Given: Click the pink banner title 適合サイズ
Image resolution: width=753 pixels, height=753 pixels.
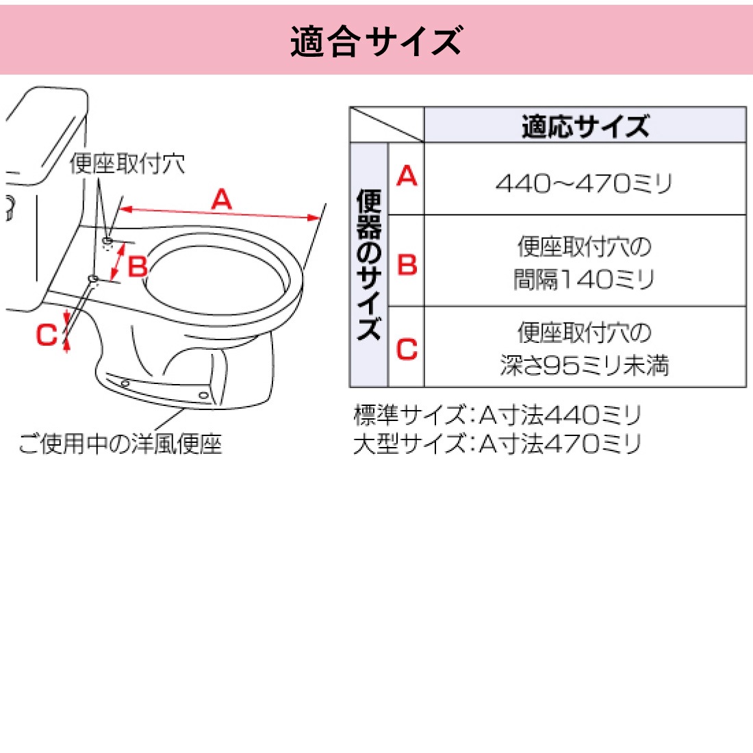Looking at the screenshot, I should [376, 41].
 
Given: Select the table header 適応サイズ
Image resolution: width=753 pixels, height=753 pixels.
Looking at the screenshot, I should [585, 126].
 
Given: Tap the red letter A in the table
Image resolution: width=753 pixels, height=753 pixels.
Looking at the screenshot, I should [407, 177].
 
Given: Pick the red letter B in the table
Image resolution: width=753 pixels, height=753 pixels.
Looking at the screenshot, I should [407, 264].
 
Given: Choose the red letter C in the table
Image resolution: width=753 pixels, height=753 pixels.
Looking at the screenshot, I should [407, 349].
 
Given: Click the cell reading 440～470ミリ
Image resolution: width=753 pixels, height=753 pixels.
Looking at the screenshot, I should [585, 183].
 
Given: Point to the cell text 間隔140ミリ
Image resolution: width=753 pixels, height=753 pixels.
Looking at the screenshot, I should [585, 279].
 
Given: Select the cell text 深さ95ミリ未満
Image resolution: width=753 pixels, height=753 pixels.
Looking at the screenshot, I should [585, 366].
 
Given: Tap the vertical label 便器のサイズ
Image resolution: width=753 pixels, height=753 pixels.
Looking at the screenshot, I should [369, 264].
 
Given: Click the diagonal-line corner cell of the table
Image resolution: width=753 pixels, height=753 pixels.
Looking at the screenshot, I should [387, 125].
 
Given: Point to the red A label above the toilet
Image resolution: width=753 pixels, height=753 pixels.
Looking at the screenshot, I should [221, 199].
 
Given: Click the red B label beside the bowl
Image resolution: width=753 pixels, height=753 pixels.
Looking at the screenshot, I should [138, 266].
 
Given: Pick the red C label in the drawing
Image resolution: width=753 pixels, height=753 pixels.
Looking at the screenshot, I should [47, 335].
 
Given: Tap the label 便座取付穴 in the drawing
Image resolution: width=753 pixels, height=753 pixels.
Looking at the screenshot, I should [127, 164].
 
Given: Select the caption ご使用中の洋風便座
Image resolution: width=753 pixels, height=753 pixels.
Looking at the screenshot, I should [120, 444].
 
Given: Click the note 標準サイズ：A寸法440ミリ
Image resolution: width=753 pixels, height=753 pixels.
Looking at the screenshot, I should [497, 415].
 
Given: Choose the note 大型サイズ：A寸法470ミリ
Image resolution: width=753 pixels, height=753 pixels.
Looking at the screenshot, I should [497, 444].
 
